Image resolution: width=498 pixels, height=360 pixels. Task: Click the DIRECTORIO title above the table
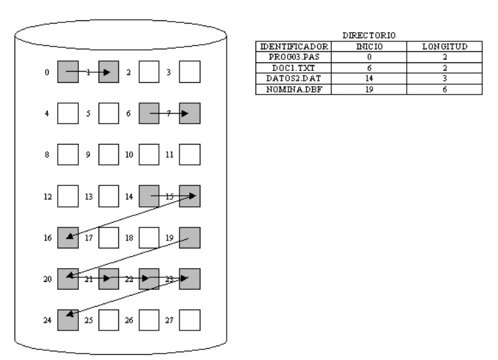click(369, 35)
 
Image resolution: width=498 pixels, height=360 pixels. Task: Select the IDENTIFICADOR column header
click(294, 47)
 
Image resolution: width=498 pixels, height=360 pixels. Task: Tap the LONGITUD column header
click(445, 47)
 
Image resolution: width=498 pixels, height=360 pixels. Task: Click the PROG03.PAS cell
click(294, 57)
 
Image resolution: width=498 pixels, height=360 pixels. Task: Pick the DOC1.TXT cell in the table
click(294, 68)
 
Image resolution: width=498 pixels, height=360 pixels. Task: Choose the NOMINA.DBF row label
click(294, 89)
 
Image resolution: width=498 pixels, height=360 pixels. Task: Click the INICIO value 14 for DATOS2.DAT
click(369, 78)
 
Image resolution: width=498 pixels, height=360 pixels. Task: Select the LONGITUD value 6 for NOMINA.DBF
click(445, 89)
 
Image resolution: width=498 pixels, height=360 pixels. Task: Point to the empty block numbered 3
click(190, 72)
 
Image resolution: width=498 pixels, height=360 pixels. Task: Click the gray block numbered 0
click(68, 72)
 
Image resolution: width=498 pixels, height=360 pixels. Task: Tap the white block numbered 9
click(108, 154)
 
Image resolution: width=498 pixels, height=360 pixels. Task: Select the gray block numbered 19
click(190, 237)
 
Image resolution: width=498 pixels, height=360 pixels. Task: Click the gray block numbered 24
click(68, 320)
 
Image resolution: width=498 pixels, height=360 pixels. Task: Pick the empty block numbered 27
click(190, 320)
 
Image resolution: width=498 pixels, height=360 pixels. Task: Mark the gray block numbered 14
click(149, 196)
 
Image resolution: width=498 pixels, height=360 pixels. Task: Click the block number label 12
click(47, 197)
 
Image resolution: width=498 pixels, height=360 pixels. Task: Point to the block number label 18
click(129, 238)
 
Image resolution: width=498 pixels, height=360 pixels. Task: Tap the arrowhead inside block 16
click(70, 236)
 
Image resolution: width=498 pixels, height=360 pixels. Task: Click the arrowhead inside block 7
click(185, 114)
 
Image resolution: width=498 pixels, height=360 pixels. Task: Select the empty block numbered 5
click(108, 114)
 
